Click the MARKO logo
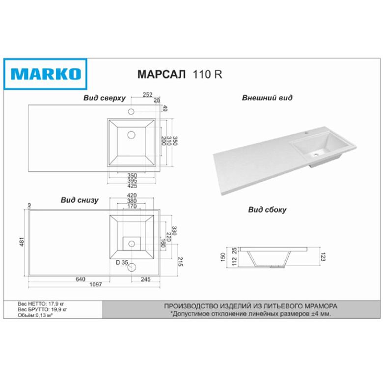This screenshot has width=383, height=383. [46, 74]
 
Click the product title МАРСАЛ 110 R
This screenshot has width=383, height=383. [180, 74]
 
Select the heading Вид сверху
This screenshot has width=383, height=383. [104, 98]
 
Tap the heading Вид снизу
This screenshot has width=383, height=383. [80, 200]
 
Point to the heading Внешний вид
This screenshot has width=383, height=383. [267, 98]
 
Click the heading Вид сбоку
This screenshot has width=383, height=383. [267, 210]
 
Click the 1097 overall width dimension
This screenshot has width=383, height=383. [96, 285]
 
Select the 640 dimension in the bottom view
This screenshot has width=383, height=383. [81, 279]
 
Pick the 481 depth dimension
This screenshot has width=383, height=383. [22, 242]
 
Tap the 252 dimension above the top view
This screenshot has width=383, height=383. [147, 95]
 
